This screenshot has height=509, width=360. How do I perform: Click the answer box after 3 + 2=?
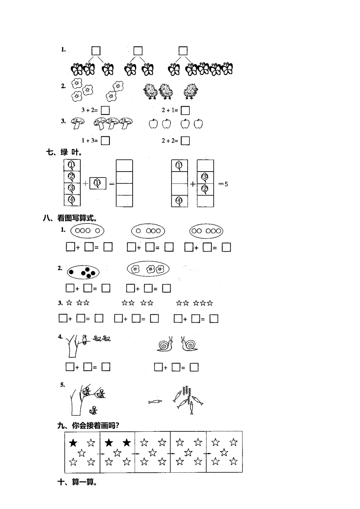point(105,110)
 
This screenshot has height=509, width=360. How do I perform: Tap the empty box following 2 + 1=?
point(185,110)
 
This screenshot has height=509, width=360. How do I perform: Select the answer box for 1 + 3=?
point(105,141)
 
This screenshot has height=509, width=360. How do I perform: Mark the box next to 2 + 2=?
point(185,141)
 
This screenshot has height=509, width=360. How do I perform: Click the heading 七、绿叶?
point(64,152)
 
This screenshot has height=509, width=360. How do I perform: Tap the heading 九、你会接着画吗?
point(88,425)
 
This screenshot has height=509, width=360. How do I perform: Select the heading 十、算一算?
point(77,482)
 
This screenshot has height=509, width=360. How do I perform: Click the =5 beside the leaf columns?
point(223,184)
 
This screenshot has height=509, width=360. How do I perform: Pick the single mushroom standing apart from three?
point(78,123)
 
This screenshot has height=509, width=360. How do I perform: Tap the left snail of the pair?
point(165,344)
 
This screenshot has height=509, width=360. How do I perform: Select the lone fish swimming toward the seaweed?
point(155,401)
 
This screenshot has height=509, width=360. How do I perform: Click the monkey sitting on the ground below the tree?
point(93,410)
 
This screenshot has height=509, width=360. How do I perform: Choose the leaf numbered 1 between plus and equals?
point(98,183)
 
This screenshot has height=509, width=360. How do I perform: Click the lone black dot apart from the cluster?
point(71,272)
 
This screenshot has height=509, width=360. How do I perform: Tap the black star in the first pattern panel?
point(73,443)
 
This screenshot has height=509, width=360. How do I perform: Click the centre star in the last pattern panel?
point(224,452)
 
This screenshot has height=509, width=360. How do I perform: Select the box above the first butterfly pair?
point(96,51)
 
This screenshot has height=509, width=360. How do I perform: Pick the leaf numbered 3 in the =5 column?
point(205,177)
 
